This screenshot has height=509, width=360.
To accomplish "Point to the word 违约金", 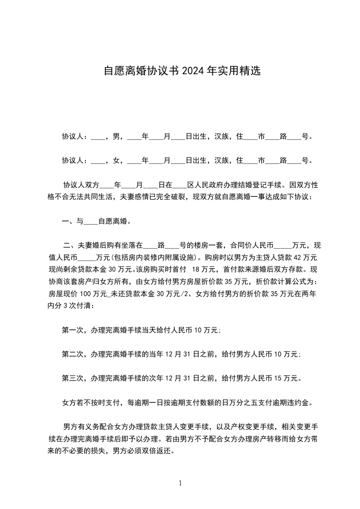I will click(301, 402).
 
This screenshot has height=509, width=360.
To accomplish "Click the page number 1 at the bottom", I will click(180, 484).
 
